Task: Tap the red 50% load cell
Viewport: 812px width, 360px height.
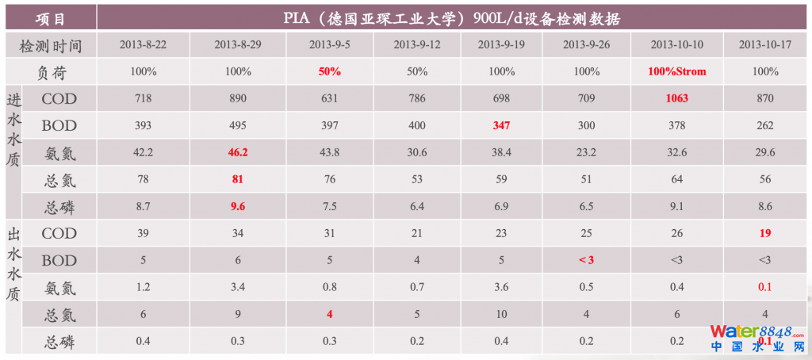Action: [330, 71]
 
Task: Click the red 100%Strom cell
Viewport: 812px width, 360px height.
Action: [676, 71]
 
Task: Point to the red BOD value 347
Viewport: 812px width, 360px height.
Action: [501, 126]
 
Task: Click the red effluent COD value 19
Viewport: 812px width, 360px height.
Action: [764, 233]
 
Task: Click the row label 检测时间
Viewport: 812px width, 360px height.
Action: [51, 45]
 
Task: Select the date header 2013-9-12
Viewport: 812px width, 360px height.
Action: [417, 44]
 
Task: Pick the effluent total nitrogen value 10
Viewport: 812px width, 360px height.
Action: [501, 314]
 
